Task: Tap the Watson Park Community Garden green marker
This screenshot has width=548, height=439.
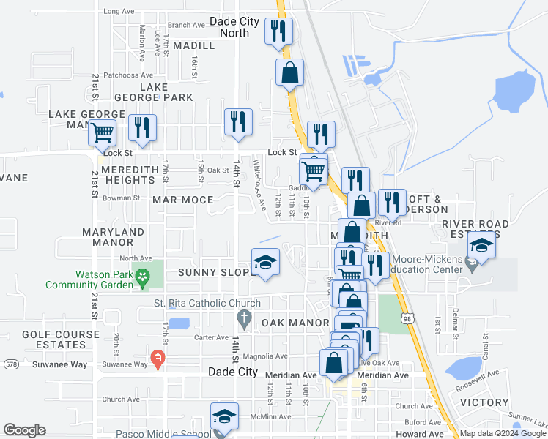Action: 144,277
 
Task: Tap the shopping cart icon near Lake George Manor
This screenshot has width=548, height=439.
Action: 102,132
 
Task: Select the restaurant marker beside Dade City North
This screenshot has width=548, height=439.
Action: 278,31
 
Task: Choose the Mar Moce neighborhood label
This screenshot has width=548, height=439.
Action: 182,200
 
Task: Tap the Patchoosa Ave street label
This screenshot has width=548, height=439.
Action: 127,75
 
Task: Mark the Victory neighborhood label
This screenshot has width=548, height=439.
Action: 484,402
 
